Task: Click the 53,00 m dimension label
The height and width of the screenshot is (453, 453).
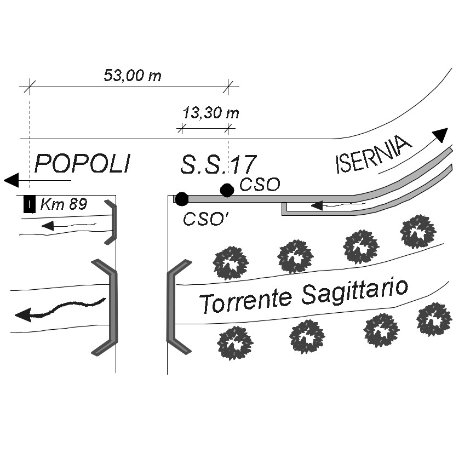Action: (x=133, y=76)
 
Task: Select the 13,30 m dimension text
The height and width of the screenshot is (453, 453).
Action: (x=211, y=113)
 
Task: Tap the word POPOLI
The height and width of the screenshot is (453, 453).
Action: (x=83, y=163)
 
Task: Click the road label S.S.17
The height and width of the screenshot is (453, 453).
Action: (x=218, y=164)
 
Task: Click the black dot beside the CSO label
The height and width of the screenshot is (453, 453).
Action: (x=227, y=190)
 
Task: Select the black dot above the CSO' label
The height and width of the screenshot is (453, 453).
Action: (x=182, y=198)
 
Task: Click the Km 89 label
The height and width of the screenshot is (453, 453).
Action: (x=63, y=205)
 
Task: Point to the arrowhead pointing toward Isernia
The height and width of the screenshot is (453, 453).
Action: (x=439, y=135)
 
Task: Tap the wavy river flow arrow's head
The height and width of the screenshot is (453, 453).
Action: (x=22, y=314)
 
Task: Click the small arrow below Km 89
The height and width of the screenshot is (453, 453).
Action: (x=48, y=225)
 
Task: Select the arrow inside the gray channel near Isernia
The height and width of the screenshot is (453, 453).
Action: (x=317, y=205)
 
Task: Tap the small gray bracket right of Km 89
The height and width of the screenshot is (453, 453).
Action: (x=112, y=222)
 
